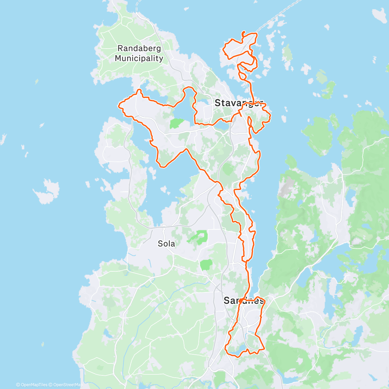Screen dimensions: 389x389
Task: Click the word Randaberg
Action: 139,49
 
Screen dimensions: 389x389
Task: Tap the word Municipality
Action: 139,59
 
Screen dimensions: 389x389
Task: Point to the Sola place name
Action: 166,243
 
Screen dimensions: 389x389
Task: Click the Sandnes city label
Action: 244,301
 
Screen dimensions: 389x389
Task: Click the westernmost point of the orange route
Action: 119,105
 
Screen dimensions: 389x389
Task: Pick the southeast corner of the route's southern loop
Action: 264,349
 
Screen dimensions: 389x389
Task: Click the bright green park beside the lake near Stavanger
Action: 177,123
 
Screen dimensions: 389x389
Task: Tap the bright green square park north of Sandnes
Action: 206,265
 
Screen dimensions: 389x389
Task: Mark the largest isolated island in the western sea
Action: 47,191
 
